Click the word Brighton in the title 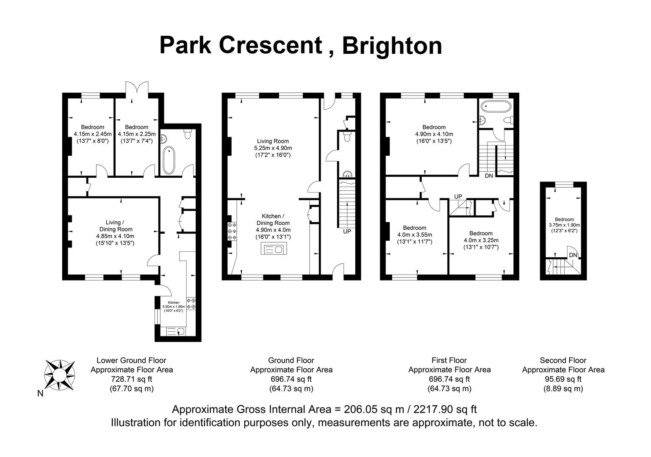392,45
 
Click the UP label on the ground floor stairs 347,231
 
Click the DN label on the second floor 573,255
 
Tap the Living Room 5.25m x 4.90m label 273,148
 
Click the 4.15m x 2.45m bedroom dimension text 92,134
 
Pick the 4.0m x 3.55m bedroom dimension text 414,235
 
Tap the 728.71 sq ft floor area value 131,379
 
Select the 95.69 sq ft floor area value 563,379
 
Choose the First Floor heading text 449,360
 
